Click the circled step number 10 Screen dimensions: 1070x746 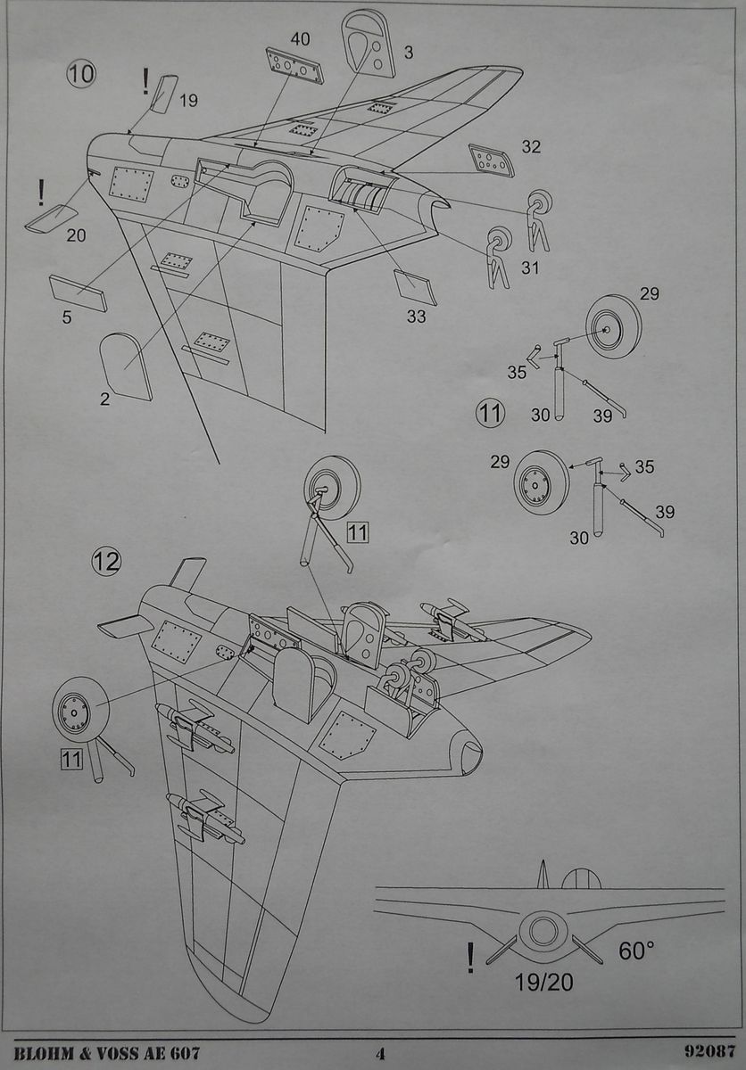pyautogui.click(x=80, y=74)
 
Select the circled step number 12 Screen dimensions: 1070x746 pyautogui.click(x=106, y=562)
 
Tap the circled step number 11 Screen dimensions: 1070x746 pyautogui.click(x=491, y=413)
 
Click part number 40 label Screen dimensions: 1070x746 pyautogui.click(x=300, y=38)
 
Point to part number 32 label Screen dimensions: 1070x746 pyautogui.click(x=530, y=147)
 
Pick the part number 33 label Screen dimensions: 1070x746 pyautogui.click(x=416, y=316)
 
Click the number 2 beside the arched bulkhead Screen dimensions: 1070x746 pyautogui.click(x=104, y=399)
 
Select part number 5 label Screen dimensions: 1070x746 pyautogui.click(x=67, y=317)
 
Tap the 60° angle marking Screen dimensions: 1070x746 pyautogui.click(x=636, y=951)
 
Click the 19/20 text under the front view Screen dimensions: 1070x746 pyautogui.click(x=543, y=984)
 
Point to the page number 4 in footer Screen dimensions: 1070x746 pyautogui.click(x=380, y=1053)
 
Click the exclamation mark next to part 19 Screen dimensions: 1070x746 pyautogui.click(x=145, y=82)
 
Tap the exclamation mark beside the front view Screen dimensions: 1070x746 pyautogui.click(x=470, y=959)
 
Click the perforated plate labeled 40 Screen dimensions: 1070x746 pyautogui.click(x=294, y=67)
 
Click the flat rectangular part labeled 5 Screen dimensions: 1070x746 pyautogui.click(x=78, y=292)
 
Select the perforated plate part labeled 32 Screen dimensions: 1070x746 pyautogui.click(x=492, y=160)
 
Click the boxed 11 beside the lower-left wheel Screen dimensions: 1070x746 pyautogui.click(x=71, y=759)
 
